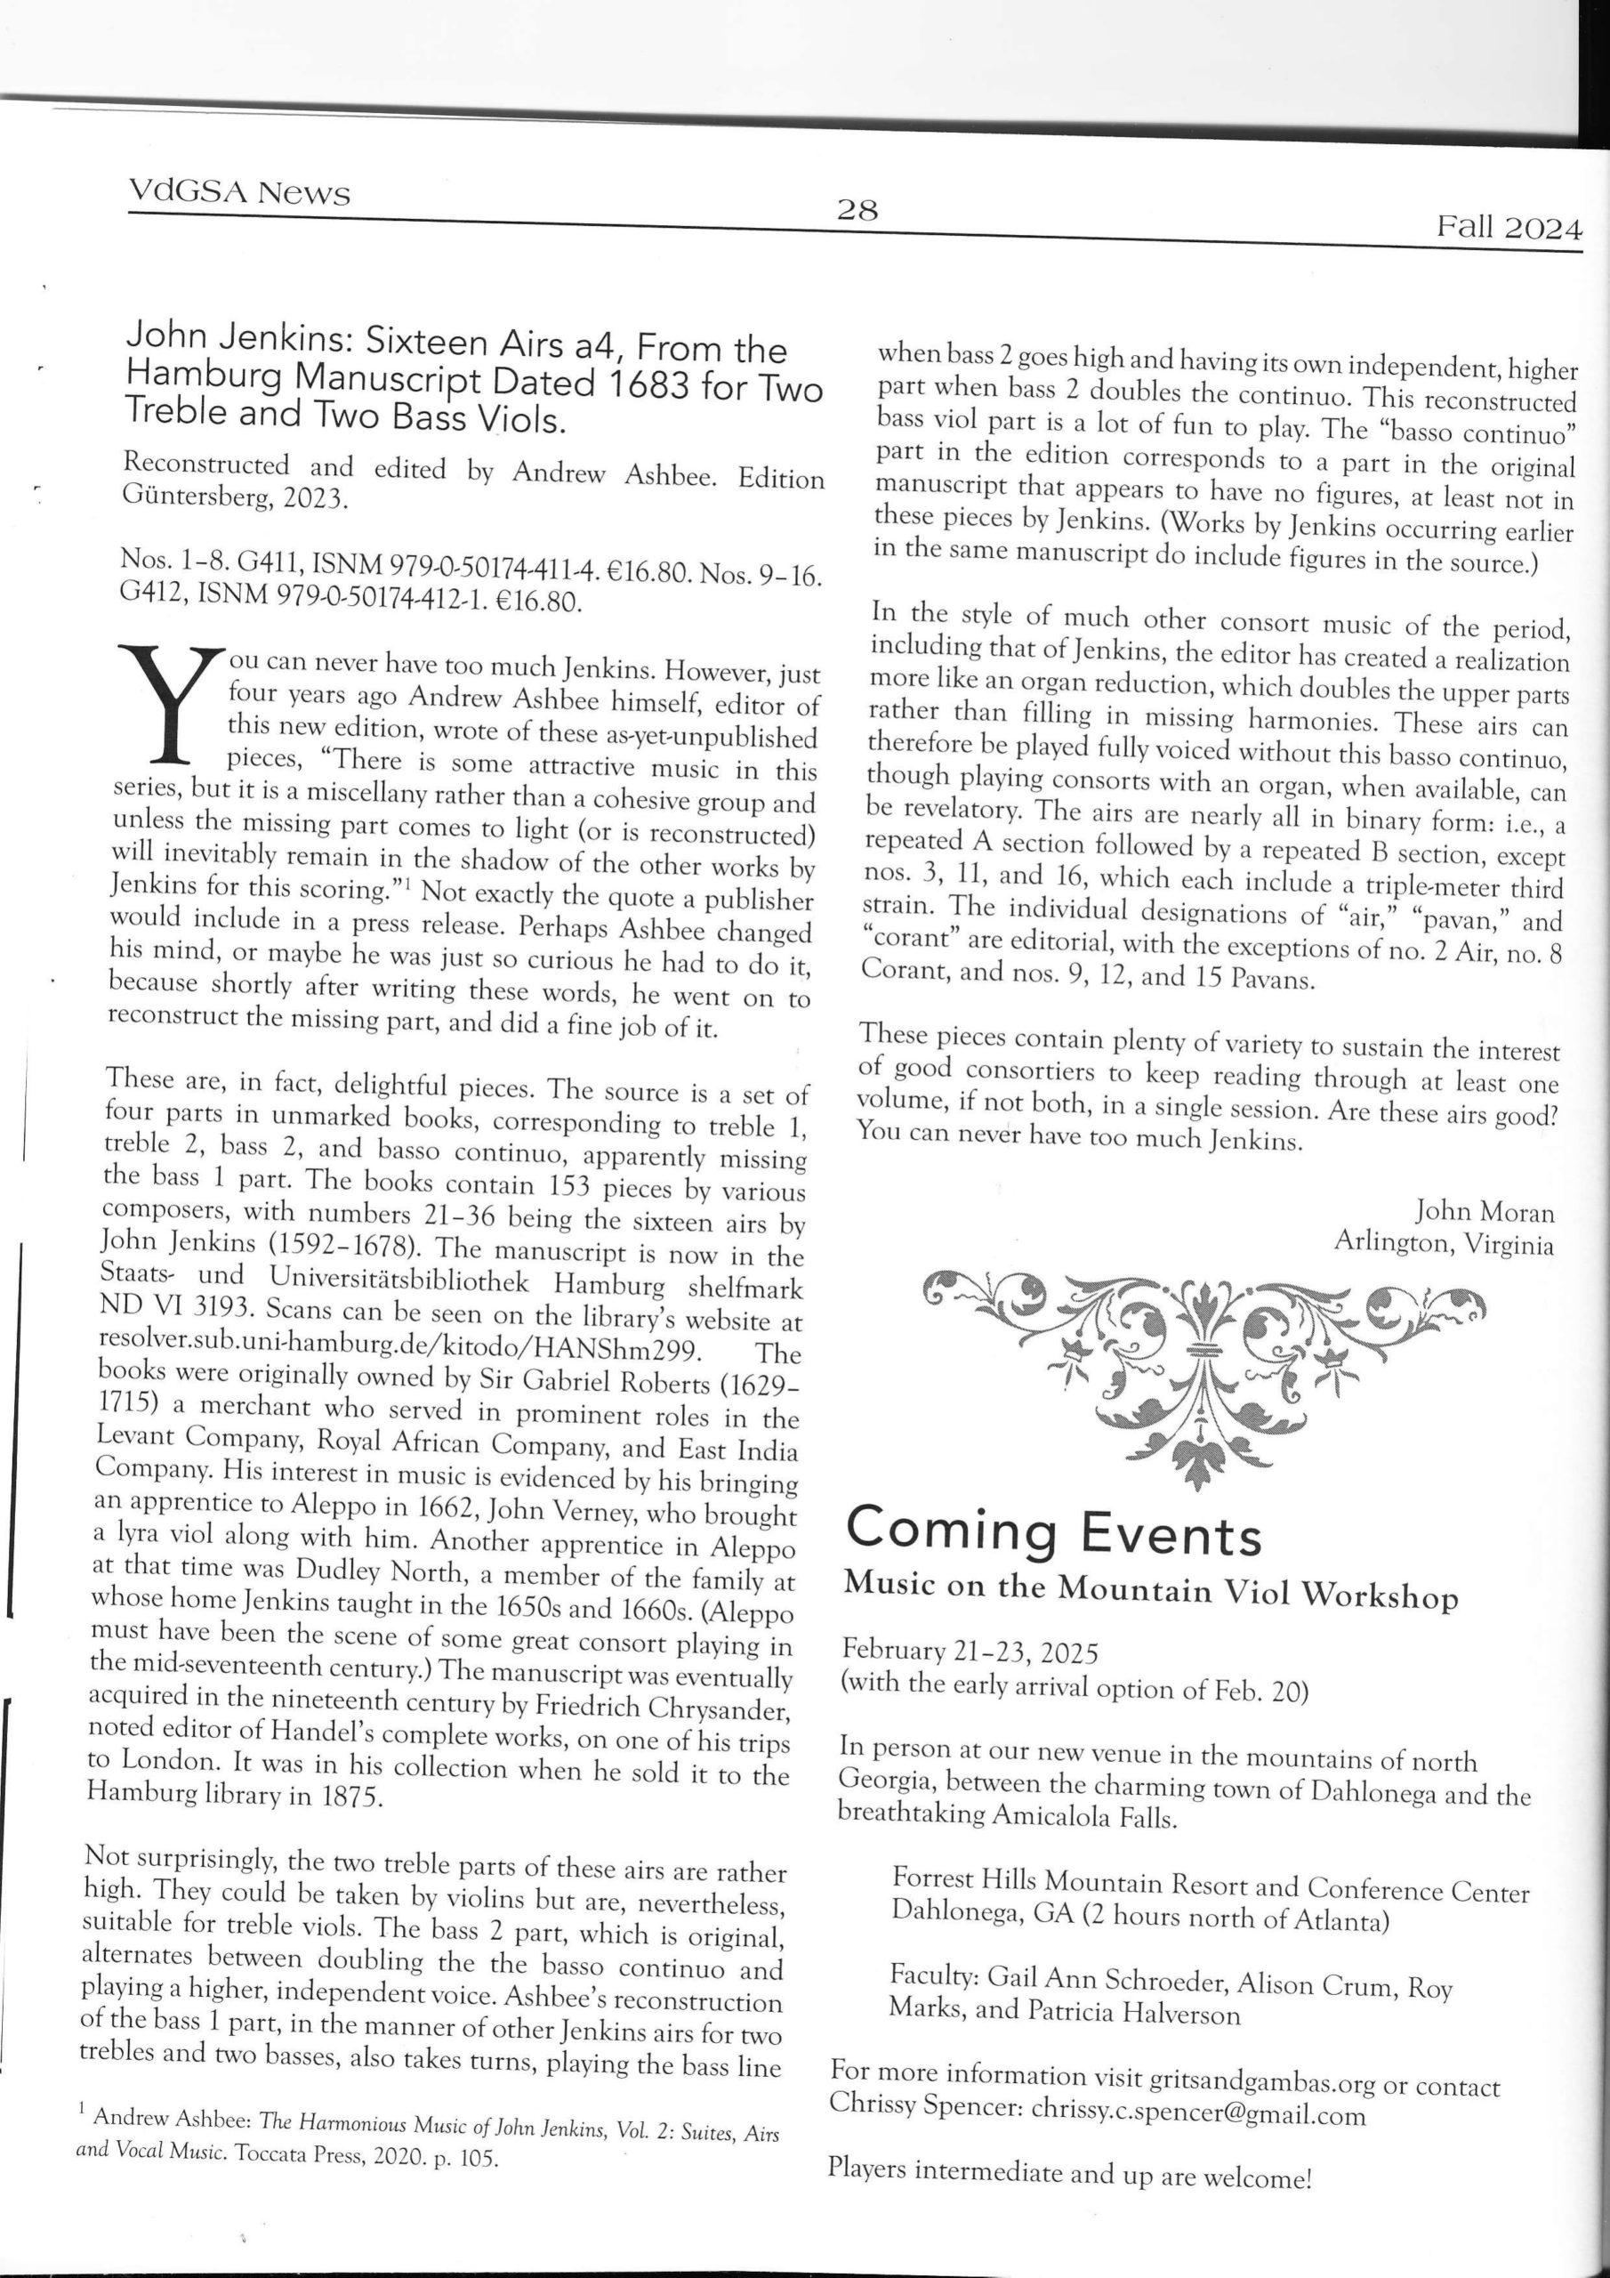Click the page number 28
[857, 209]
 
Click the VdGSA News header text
[239, 190]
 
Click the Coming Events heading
[1052, 1531]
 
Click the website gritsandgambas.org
[1262, 2080]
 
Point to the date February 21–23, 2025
[970, 1651]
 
